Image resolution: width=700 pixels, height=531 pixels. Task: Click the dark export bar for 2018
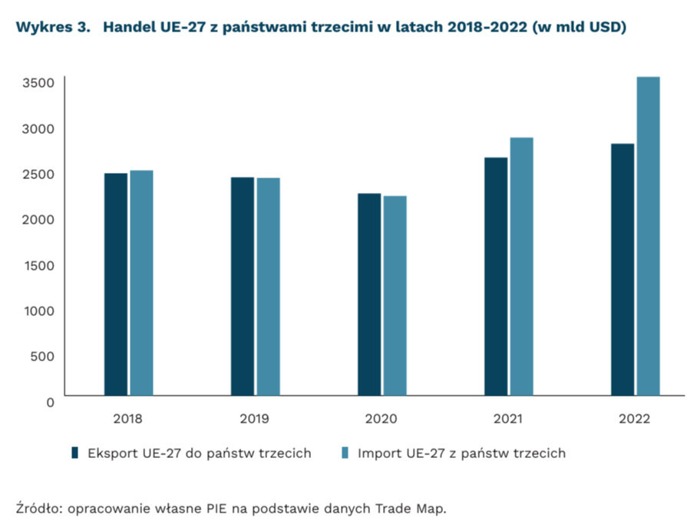116,284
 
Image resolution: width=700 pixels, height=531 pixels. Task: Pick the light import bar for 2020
395,296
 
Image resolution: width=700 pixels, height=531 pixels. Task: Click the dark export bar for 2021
496,277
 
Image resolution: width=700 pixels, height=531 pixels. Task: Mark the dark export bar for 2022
622,270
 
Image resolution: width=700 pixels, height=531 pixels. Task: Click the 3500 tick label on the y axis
38,83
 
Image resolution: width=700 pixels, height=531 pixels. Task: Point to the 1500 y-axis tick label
38,265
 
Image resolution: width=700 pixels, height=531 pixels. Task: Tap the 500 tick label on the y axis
43,357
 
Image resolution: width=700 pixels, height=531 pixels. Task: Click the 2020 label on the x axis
381,420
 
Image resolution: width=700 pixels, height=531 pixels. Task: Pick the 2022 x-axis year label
635,420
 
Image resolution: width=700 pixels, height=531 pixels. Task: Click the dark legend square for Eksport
75,453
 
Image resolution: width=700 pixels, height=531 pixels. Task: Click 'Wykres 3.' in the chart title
48,28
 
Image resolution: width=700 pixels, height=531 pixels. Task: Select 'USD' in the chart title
606,28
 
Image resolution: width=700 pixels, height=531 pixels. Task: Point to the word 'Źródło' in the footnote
35,507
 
